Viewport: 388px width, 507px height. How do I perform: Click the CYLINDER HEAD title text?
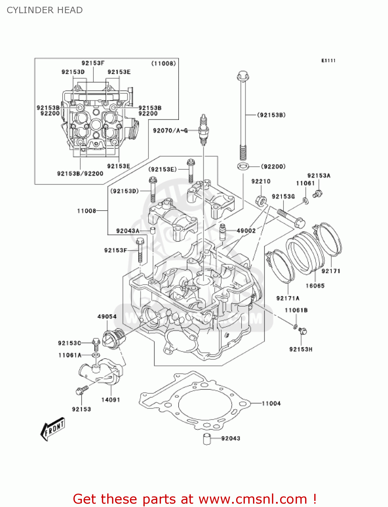(45, 10)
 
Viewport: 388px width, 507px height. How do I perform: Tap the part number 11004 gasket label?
(271, 403)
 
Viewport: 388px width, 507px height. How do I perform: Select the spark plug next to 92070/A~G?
(203, 130)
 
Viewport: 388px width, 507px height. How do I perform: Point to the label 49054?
(107, 316)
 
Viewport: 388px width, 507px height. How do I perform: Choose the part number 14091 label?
(111, 400)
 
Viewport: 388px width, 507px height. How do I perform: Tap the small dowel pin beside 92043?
(207, 438)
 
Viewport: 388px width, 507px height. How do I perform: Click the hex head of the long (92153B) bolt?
(243, 76)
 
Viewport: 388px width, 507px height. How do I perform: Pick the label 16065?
(315, 286)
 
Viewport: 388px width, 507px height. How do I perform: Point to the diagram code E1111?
(328, 61)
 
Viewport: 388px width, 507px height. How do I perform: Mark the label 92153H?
(301, 349)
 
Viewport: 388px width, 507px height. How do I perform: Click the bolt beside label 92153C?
(96, 343)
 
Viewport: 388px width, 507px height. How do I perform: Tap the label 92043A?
(128, 231)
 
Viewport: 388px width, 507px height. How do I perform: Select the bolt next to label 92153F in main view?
(140, 250)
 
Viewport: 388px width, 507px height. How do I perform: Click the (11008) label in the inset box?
(163, 64)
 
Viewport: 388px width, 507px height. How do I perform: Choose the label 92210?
(261, 182)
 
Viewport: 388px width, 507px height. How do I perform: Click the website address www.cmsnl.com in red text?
(252, 499)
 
